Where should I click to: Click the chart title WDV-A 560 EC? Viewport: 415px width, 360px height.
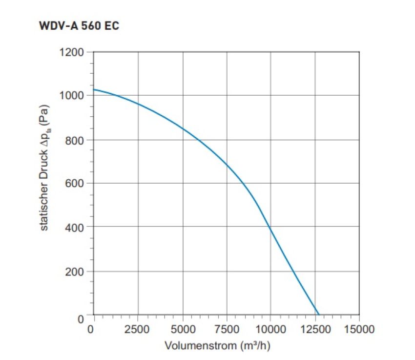79,26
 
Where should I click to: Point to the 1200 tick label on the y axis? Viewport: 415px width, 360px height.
71,51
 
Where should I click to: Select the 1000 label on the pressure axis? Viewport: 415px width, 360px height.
71,95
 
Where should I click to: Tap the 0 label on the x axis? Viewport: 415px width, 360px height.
91,329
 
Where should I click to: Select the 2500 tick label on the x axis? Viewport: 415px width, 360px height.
137,329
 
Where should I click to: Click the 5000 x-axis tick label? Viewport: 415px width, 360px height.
182,329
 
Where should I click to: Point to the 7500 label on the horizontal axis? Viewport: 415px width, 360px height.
227,329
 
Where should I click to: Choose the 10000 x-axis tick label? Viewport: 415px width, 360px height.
270,329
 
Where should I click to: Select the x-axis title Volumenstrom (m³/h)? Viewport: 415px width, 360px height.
217,346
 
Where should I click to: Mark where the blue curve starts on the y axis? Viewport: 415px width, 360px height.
93,89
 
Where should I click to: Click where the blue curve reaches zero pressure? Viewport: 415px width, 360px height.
318,315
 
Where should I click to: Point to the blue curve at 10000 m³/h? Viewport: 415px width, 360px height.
270,228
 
